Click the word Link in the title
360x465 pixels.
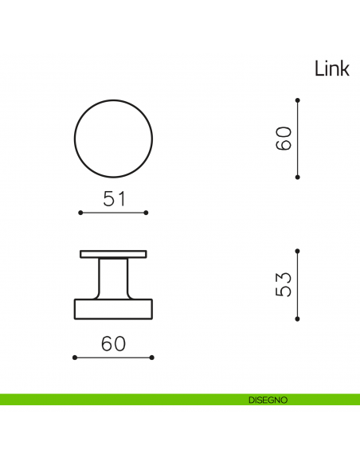click(x=331, y=69)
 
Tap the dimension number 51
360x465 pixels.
click(x=115, y=200)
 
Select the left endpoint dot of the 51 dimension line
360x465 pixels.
click(x=80, y=213)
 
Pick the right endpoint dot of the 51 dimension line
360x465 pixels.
click(x=147, y=213)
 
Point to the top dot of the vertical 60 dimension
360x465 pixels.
click(x=297, y=100)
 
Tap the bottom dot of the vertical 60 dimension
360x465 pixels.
click(x=297, y=177)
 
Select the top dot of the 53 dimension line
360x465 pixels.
click(x=297, y=249)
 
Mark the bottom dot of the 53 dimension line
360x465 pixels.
click(x=297, y=318)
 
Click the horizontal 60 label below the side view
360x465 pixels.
click(x=113, y=345)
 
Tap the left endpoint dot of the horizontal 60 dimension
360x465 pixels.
click(x=74, y=358)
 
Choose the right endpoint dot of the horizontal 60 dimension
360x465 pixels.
click(x=152, y=358)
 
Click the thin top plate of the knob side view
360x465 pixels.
click(x=113, y=254)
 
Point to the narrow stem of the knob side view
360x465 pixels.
click(x=113, y=278)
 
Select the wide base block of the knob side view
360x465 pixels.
click(x=113, y=308)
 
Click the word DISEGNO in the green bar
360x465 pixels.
click(x=267, y=400)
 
